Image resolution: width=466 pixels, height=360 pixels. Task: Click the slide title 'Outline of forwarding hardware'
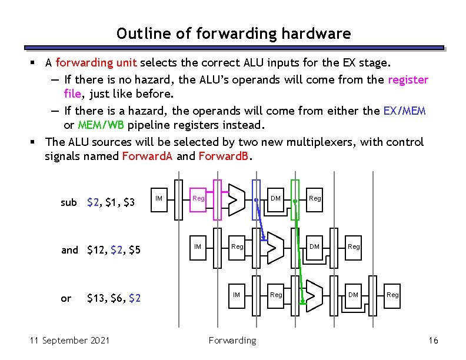pyautogui.click(x=233, y=34)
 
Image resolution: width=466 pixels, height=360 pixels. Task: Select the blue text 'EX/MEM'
pyautogui.click(x=404, y=111)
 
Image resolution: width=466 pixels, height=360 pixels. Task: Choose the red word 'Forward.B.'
pyautogui.click(x=224, y=156)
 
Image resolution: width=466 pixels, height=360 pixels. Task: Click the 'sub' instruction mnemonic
pyautogui.click(x=69, y=202)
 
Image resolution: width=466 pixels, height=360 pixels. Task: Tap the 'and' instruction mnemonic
pyautogui.click(x=69, y=250)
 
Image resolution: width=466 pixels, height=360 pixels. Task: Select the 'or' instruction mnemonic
pyautogui.click(x=66, y=298)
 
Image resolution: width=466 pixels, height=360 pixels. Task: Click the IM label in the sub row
pyautogui.click(x=159, y=198)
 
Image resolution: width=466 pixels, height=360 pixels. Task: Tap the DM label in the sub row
pyautogui.click(x=275, y=198)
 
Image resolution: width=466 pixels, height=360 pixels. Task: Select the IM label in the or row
pyautogui.click(x=237, y=295)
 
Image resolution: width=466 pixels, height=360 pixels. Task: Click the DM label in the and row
pyautogui.click(x=315, y=246)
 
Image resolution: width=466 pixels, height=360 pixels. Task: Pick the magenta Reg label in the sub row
pyautogui.click(x=198, y=198)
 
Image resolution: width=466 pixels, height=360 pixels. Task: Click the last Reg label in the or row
pyautogui.click(x=392, y=295)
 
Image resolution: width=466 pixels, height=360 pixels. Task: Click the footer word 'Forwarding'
pyautogui.click(x=232, y=341)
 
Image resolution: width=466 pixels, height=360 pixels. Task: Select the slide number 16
pyautogui.click(x=434, y=341)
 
